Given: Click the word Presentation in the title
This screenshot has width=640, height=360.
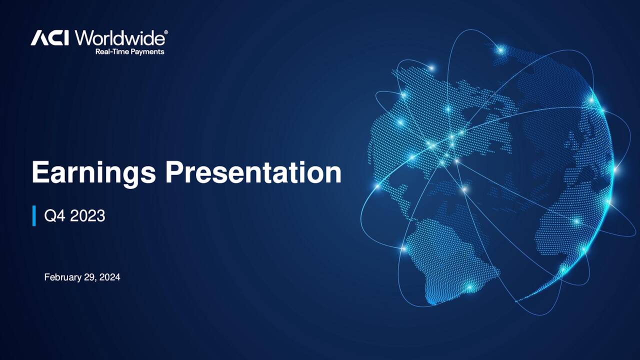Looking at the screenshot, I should tap(253, 173).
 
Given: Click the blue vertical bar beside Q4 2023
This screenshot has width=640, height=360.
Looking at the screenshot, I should tap(34, 215).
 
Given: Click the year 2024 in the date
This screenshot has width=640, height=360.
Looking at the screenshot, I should tap(109, 277).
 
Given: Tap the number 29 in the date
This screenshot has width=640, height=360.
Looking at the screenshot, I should tap(90, 277).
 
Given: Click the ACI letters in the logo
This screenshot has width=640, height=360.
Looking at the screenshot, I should tap(49, 37).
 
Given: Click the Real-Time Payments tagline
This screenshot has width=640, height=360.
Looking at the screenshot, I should tap(129, 51).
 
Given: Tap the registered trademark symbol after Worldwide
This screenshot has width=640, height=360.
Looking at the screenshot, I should tap(166, 32).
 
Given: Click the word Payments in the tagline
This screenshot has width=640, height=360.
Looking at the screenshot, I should tap(147, 51).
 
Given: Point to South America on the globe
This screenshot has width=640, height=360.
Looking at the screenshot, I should tap(445, 260).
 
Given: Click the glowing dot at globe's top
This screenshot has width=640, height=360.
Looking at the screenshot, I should tap(499, 49).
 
